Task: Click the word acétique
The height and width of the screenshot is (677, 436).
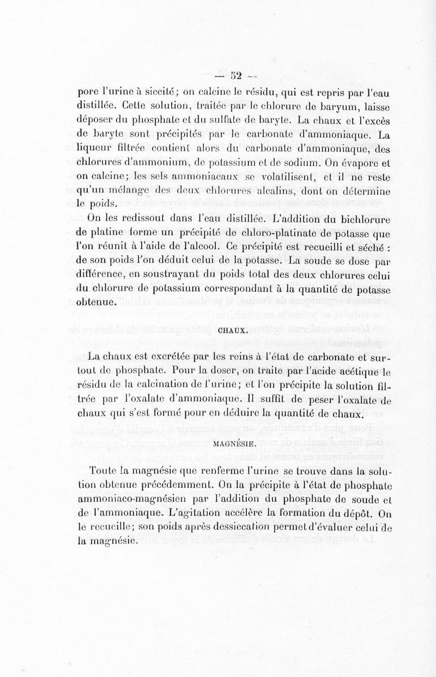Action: point(350,372)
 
